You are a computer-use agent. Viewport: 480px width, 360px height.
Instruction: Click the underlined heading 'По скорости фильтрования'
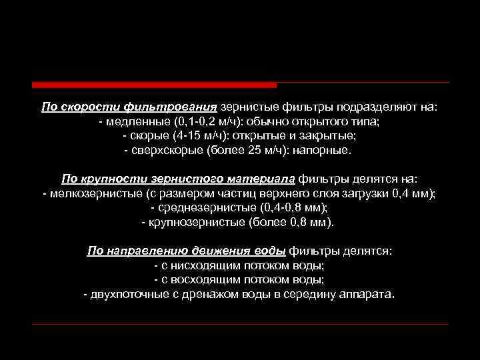pos(129,107)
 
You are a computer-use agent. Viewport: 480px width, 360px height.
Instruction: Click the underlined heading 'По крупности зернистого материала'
pos(178,179)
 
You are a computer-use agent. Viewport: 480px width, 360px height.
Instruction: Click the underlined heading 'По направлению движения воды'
pos(187,251)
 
